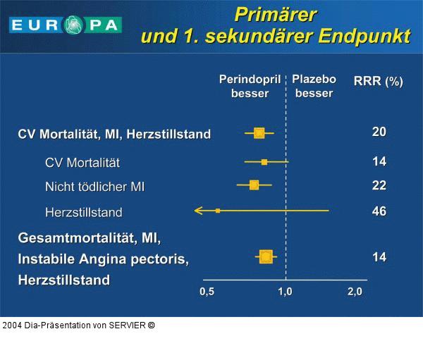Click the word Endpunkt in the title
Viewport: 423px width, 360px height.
364,36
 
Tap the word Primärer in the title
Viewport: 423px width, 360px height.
275,14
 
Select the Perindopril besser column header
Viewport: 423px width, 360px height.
250,86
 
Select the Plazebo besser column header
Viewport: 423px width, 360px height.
314,86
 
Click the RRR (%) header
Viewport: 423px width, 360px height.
378,81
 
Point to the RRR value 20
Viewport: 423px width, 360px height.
379,132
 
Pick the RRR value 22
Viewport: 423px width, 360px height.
379,185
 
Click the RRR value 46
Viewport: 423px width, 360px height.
379,211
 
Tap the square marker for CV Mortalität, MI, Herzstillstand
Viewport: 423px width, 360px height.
259,132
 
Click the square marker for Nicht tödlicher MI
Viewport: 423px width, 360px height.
254,185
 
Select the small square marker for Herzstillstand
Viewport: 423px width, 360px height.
218,211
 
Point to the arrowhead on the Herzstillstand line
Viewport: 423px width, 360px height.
198,211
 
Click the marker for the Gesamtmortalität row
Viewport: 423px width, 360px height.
265,256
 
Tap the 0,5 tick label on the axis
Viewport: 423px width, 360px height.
207,292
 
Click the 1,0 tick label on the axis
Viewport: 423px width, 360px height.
285,292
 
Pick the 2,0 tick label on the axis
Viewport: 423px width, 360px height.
354,292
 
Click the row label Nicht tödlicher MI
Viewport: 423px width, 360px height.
94,187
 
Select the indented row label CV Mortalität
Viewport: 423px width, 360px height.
82,163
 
